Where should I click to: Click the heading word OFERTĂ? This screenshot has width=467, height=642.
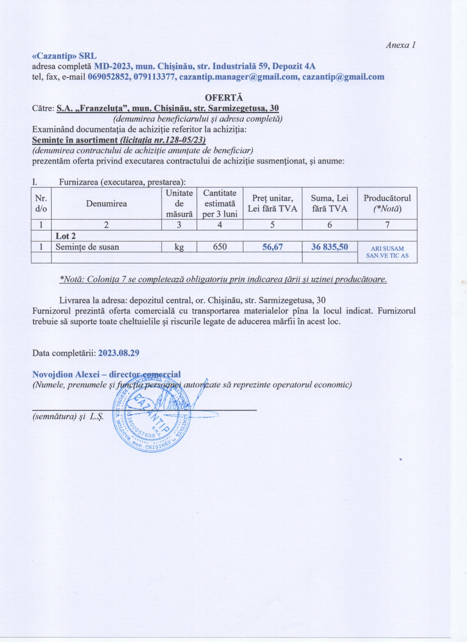tap(224, 97)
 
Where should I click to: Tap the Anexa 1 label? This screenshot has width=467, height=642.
tap(401, 45)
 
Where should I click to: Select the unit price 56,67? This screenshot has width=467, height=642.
tap(272, 247)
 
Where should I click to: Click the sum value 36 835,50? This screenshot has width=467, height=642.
tap(330, 247)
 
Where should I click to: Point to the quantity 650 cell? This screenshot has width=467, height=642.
tap(219, 247)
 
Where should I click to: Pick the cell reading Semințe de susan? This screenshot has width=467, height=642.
tap(87, 247)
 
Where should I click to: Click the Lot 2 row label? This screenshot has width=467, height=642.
tap(65, 236)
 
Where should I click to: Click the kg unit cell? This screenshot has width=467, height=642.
tap(179, 247)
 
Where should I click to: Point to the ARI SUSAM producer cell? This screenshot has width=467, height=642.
tap(387, 252)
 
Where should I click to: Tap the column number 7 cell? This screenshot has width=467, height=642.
tap(387, 225)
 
